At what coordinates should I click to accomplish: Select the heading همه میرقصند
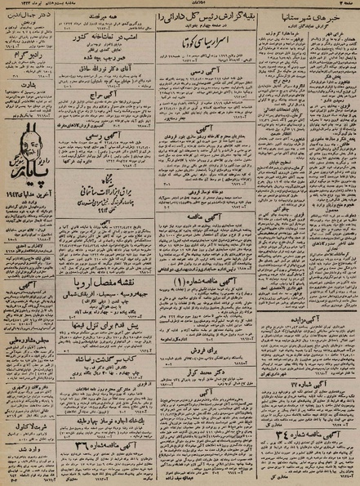click(x=105, y=16)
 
